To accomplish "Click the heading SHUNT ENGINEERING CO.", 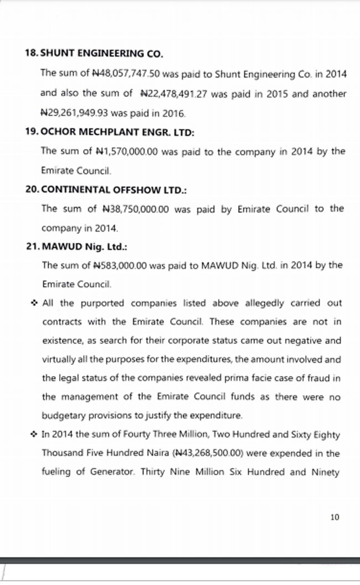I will [x=102, y=54].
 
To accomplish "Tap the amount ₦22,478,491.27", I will [x=173, y=94].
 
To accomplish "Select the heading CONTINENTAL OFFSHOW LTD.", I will [x=114, y=189].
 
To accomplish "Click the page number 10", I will [x=334, y=517].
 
